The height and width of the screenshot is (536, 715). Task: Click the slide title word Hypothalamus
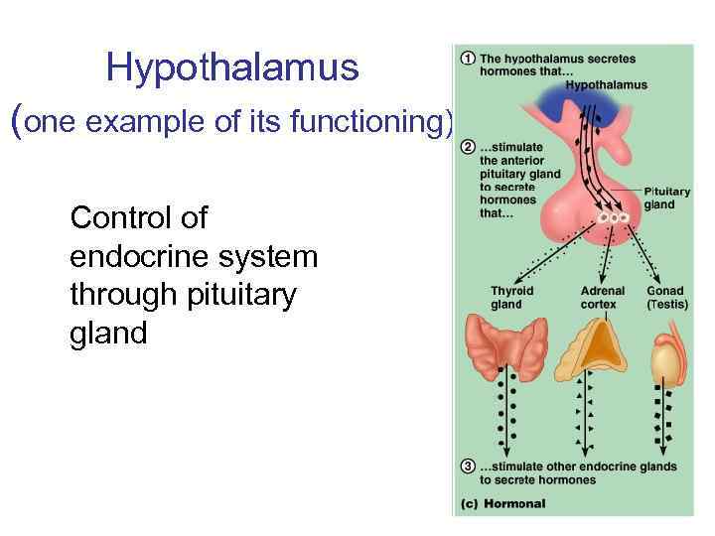coord(231,68)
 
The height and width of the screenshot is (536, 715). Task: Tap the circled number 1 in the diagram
coord(467,59)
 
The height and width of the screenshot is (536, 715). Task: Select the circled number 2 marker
coord(467,149)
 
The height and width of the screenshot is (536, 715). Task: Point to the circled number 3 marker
coord(467,467)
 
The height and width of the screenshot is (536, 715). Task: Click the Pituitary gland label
coord(666,199)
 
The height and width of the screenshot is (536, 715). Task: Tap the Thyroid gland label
coord(511,298)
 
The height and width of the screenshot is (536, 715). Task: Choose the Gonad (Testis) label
coord(666,298)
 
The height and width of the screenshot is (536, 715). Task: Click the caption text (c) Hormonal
coord(502,504)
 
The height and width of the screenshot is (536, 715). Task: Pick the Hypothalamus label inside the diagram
coord(606,84)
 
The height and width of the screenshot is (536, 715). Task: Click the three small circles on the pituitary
coord(613,217)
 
